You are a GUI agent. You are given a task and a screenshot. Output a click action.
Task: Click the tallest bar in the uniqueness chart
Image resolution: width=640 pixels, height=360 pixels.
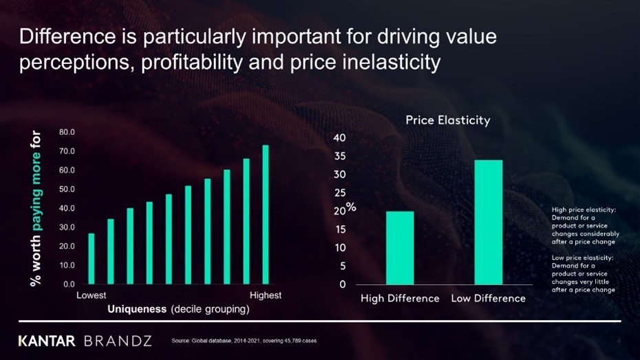266,215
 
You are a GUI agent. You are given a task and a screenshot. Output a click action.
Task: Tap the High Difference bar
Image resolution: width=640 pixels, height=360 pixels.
400,248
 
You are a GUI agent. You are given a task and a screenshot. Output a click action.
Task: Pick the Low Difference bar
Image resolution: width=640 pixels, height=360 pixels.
488,222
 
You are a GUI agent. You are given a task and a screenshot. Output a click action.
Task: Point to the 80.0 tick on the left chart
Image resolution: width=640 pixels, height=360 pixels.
67,131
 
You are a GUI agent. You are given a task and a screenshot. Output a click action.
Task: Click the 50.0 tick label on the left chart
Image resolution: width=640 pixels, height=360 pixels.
67,189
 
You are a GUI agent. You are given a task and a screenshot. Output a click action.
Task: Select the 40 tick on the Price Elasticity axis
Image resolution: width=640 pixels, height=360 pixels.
339,138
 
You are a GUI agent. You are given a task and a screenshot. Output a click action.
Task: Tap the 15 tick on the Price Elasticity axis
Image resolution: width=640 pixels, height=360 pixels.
339,229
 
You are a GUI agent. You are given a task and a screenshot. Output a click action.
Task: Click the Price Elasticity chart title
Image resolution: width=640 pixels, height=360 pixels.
447,120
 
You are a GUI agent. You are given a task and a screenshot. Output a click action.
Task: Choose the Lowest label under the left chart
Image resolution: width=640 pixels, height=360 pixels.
92,295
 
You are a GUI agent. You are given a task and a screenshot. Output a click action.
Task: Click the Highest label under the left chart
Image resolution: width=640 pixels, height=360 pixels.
265,295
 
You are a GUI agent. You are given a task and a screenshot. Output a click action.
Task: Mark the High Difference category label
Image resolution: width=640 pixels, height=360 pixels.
400,299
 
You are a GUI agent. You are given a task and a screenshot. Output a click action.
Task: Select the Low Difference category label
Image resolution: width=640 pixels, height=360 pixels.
488,299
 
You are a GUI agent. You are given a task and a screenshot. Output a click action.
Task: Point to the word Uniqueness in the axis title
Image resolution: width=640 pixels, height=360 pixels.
137,310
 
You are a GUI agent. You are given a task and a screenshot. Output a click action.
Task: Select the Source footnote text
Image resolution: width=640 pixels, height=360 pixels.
244,341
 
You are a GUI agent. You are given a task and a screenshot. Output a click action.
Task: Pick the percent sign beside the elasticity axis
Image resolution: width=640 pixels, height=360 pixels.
350,207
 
